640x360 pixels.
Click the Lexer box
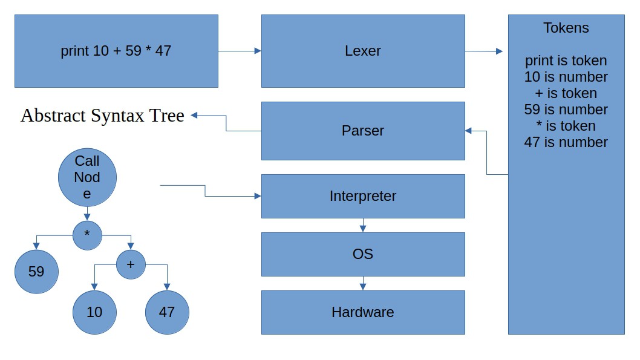[x=363, y=51]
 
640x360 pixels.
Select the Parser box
[x=363, y=131]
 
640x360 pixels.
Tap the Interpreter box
[x=363, y=196]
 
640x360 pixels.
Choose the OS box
[x=363, y=254]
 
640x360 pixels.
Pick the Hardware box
[x=363, y=312]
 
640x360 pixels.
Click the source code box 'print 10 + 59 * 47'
[x=116, y=51]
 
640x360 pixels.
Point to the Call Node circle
[x=87, y=177]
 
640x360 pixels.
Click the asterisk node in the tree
[x=87, y=235]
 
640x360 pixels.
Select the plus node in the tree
[x=131, y=264]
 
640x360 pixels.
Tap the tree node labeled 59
[x=36, y=272]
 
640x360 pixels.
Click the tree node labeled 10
[x=94, y=312]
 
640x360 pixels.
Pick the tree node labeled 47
[x=167, y=312]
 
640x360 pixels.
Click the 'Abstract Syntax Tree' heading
[x=102, y=116]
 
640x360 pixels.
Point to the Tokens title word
[x=566, y=28]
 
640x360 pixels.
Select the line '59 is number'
[x=566, y=110]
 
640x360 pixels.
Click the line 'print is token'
[x=566, y=61]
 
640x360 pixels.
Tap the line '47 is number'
[x=566, y=142]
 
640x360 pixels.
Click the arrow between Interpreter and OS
[x=363, y=225]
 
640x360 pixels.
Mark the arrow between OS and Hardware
[x=363, y=283]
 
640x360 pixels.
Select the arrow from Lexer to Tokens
[x=484, y=51]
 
